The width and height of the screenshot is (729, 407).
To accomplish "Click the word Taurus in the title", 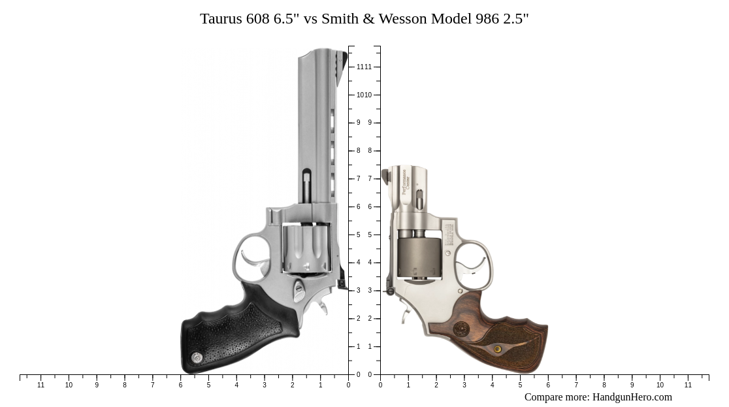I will (x=221, y=18).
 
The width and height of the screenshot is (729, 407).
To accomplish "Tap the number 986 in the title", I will (x=487, y=18).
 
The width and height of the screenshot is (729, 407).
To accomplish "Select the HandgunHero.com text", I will (x=632, y=397).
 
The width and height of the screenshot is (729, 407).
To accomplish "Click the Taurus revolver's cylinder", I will (x=306, y=248).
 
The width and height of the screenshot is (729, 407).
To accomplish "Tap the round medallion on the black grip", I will (x=197, y=357).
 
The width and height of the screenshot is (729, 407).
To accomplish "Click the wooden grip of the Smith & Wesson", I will (x=503, y=340).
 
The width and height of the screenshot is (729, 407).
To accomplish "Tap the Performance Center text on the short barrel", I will (x=405, y=182).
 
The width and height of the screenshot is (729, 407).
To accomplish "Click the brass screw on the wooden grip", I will (x=498, y=350).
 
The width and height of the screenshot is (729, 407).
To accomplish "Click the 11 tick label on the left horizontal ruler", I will (x=40, y=385).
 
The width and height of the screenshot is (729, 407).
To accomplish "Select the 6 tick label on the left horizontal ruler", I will (x=180, y=385).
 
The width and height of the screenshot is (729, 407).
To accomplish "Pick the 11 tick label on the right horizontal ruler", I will (x=688, y=385).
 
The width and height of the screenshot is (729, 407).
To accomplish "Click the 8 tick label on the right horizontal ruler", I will (x=604, y=385).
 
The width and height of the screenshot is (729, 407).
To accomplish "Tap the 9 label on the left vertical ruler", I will (x=358, y=123).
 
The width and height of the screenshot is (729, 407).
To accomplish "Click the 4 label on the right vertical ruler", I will (x=370, y=263).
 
